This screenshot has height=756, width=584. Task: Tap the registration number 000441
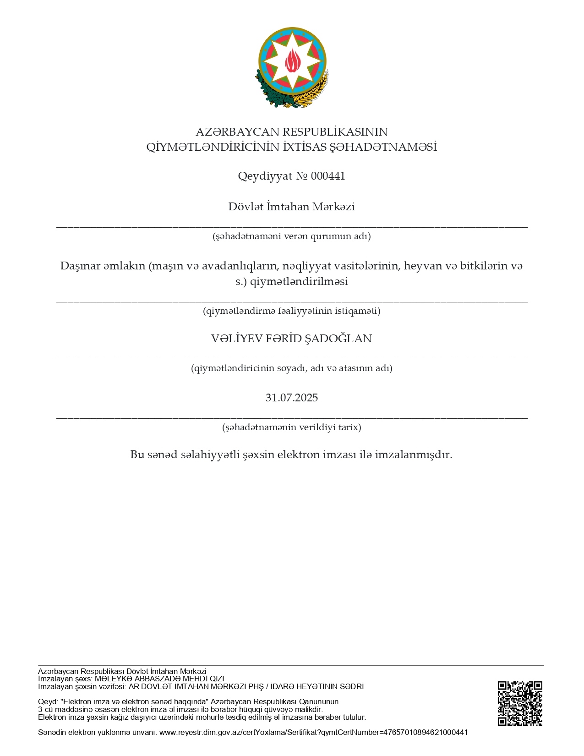(328, 176)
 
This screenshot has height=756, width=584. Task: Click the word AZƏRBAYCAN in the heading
(237, 132)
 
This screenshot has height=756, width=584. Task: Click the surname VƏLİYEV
(236, 339)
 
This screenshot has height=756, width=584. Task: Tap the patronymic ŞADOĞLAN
(338, 339)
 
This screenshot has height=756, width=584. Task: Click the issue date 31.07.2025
(292, 398)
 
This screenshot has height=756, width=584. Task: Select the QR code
(520, 703)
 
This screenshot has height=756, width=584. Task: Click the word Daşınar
(79, 266)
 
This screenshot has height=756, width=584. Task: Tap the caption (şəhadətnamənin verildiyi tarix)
(292, 427)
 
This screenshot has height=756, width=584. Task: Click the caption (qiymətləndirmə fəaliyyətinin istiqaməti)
(292, 311)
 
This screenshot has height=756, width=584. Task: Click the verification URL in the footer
(313, 732)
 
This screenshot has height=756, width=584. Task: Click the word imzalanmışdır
(414, 455)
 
